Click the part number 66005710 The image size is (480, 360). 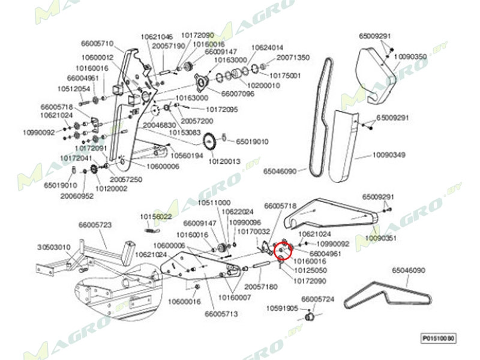[x=97, y=43]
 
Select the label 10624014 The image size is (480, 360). [x=267, y=47]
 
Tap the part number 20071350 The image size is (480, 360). [x=293, y=58]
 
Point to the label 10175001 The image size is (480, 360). [x=284, y=76]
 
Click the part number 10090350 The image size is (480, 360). [x=410, y=56]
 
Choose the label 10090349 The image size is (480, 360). [x=389, y=155]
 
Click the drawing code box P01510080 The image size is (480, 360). [x=437, y=338]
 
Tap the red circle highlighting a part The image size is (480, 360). [x=282, y=247]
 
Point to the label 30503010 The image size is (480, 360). [x=54, y=247]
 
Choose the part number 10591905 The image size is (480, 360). [x=282, y=308]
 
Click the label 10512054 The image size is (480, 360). [x=74, y=89]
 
